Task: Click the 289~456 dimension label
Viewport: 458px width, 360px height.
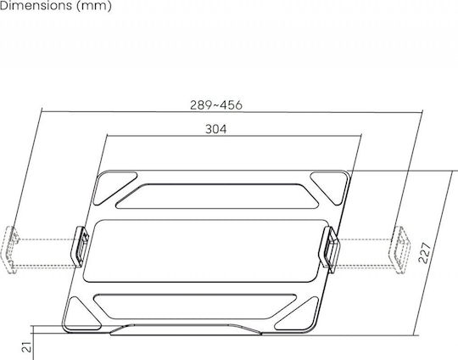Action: pyautogui.click(x=216, y=105)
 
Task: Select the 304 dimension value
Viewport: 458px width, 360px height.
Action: pyautogui.click(x=216, y=129)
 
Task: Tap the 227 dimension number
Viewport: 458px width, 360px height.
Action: pyautogui.click(x=425, y=253)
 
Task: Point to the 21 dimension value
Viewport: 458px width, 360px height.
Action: pyautogui.click(x=26, y=346)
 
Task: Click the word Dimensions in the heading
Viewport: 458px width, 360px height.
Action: pyautogui.click(x=36, y=5)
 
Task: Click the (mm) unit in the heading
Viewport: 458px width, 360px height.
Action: pyautogui.click(x=94, y=6)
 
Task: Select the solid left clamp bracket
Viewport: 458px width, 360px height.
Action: pyautogui.click(x=80, y=246)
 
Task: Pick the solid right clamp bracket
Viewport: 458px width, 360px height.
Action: pyautogui.click(x=329, y=249)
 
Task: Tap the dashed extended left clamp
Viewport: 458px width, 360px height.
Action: pyautogui.click(x=10, y=250)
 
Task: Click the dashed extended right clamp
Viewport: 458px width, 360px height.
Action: pyautogui.click(x=399, y=250)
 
